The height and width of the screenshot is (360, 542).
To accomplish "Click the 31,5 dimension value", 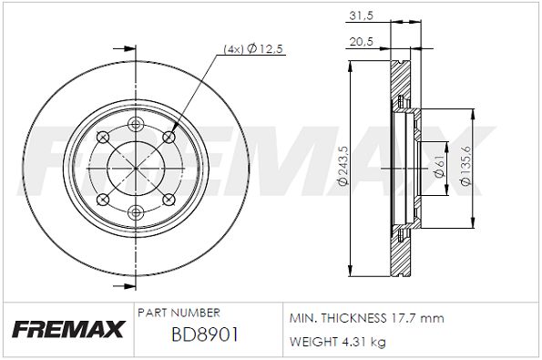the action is (x=362, y=15).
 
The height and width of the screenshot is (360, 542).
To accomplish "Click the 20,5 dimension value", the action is (x=362, y=42).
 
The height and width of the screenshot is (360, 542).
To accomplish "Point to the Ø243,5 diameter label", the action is (x=343, y=166).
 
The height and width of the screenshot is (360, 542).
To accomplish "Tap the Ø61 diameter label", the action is (x=440, y=167).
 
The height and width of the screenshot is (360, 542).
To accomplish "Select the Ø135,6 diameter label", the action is (x=466, y=166).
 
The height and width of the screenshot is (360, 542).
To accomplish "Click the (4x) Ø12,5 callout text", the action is (x=253, y=49).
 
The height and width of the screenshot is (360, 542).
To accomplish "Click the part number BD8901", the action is (x=205, y=334).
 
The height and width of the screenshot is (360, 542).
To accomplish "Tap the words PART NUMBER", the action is (x=179, y=313).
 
